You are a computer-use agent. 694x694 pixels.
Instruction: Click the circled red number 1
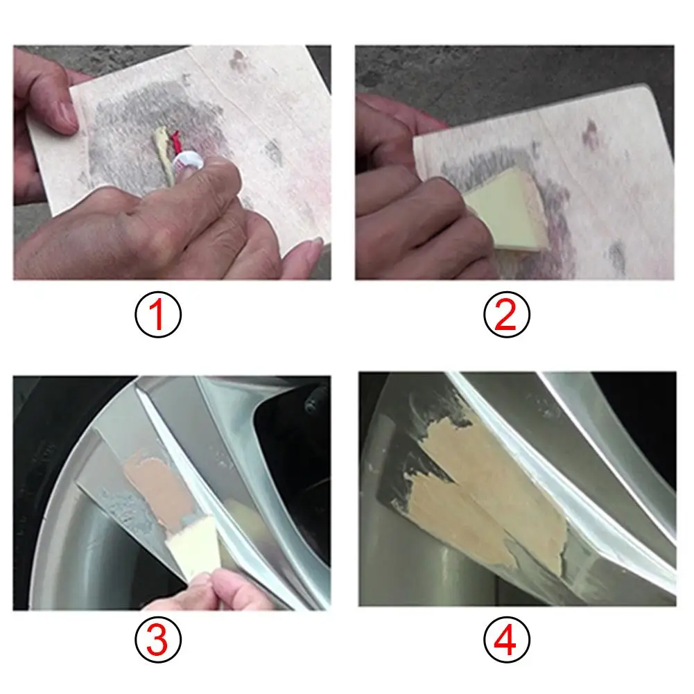coord(158,315)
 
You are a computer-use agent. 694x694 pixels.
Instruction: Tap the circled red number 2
coord(507,315)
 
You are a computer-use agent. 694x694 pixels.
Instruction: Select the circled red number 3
coord(158,639)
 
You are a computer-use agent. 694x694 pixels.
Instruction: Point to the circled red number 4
coord(507,639)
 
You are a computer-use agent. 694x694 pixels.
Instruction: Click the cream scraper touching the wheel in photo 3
coord(193,548)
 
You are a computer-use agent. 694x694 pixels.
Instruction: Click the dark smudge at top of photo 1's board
coord(238,60)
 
